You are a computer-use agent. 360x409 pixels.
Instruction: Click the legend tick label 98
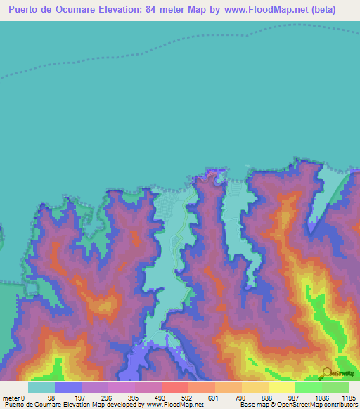coord(51,398)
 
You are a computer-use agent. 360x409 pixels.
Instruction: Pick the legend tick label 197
coord(79,398)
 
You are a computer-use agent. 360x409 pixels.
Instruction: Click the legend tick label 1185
coord(348,398)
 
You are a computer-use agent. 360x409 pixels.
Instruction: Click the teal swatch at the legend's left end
coord(41,387)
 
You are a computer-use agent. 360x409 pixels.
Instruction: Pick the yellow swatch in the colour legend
coord(281,387)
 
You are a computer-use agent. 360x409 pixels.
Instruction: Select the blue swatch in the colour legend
coord(67,387)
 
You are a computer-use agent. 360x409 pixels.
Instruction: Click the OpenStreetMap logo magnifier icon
coord(328,372)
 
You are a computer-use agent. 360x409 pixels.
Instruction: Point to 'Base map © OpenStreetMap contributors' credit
coord(299,405)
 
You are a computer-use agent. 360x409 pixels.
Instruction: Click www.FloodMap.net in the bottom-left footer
coord(174,405)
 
